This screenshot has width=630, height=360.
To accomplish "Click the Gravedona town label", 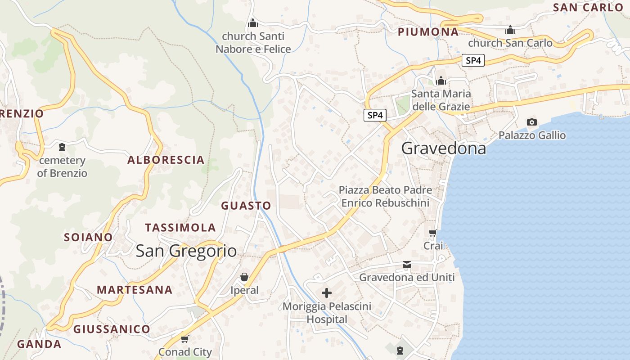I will [x=443, y=148].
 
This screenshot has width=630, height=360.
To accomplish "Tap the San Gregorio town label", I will [x=186, y=251].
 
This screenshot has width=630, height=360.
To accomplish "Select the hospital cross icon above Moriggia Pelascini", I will [x=327, y=293].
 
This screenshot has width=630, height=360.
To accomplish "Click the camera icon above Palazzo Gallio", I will [x=532, y=122].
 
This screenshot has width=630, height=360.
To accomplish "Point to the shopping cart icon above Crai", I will [x=433, y=233].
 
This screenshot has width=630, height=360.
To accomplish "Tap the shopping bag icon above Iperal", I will [x=244, y=276].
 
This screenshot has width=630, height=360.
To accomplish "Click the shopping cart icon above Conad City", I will [x=184, y=339].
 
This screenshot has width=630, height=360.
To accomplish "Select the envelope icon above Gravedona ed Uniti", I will [x=407, y=265].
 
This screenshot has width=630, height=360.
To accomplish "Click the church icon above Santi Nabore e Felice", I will [x=253, y=22].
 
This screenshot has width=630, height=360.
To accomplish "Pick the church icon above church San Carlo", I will [x=510, y=30].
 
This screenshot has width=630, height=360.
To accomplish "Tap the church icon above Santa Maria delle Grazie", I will [x=441, y=81].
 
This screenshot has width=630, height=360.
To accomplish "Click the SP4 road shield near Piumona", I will [x=473, y=60].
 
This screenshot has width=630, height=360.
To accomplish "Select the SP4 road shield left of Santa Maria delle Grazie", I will [x=375, y=115].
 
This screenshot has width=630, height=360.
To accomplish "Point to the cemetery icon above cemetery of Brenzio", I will [x=62, y=147].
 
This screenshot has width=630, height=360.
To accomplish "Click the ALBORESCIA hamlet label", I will [x=166, y=160].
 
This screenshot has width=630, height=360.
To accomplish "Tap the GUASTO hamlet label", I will [x=246, y=206].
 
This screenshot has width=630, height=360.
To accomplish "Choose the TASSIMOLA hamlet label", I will [x=180, y=227].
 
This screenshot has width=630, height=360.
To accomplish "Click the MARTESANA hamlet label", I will [x=135, y=290].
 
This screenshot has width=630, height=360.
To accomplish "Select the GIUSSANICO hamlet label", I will [x=112, y=329].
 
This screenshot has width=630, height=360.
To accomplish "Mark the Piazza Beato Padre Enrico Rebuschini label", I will [x=385, y=197].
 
